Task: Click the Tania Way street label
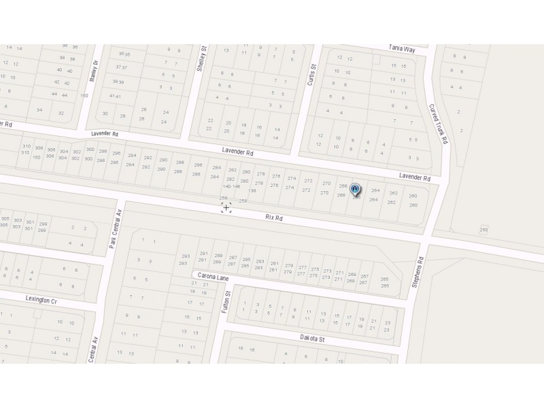click(401, 48)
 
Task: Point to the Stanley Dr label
click(95, 71)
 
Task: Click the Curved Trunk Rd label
click(439, 123)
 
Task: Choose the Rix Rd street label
click(273, 218)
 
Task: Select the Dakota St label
click(313, 338)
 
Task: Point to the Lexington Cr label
click(41, 299)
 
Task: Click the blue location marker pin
click(355, 190)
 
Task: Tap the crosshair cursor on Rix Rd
click(226, 207)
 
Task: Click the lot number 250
click(483, 230)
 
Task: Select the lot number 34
click(39, 110)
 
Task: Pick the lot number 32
click(61, 113)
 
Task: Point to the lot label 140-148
click(231, 186)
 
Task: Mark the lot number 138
click(252, 190)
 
